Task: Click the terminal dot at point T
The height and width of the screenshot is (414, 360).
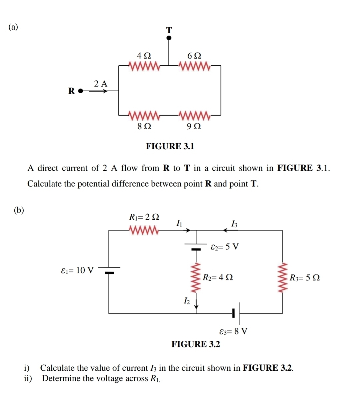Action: (x=169, y=38)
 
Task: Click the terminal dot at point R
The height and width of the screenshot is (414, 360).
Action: (x=80, y=90)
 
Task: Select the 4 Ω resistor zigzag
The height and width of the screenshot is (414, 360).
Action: (x=144, y=66)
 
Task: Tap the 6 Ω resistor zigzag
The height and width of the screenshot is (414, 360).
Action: (x=195, y=66)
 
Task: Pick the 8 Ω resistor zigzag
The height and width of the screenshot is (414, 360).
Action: (x=144, y=115)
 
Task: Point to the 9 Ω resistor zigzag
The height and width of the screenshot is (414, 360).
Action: (x=195, y=115)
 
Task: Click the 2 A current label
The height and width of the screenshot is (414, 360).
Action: (x=101, y=84)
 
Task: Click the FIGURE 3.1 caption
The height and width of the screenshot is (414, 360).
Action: (x=170, y=146)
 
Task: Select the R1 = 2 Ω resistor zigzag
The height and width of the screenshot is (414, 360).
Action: (x=143, y=230)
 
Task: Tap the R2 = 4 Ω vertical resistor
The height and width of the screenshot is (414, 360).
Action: (x=196, y=277)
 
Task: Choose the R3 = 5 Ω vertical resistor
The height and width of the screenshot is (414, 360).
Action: (x=283, y=277)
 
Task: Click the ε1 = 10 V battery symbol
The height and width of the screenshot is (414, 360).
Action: (x=109, y=270)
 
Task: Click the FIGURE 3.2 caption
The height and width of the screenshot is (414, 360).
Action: (x=196, y=344)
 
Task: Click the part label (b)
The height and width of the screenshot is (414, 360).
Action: (x=19, y=210)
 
